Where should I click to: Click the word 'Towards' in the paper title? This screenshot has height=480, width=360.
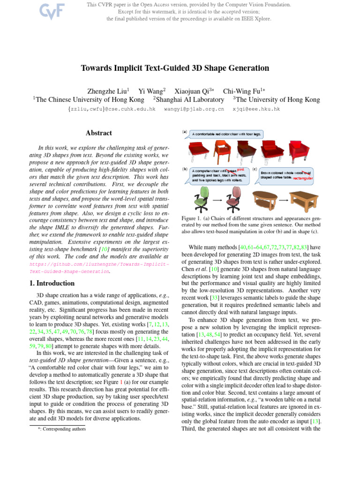click(x=96, y=68)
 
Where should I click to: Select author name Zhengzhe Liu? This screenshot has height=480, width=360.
click(x=107, y=90)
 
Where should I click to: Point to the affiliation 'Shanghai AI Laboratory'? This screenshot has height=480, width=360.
click(x=190, y=99)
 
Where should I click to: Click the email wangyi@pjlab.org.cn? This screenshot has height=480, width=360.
click(x=194, y=109)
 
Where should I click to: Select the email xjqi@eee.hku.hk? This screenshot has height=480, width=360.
click(x=256, y=109)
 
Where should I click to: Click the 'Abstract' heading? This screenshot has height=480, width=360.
click(x=98, y=134)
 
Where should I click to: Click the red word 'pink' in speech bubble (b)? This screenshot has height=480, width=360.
click(x=240, y=170)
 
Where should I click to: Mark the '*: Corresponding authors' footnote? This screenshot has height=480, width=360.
click(x=62, y=428)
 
